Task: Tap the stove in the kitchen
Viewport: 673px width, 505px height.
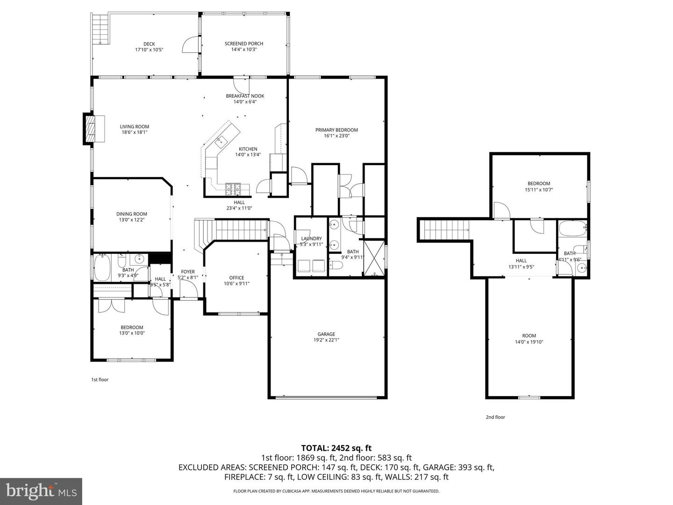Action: pyautogui.click(x=233, y=188)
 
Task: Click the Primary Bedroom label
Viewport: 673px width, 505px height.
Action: pyautogui.click(x=336, y=130)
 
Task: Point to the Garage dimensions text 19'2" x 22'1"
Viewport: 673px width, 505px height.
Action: pyautogui.click(x=326, y=340)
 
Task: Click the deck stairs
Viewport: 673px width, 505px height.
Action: pyautogui.click(x=100, y=29)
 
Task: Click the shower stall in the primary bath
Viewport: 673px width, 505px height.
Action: pyautogui.click(x=374, y=258)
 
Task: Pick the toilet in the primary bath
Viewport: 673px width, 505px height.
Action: pyautogui.click(x=336, y=266)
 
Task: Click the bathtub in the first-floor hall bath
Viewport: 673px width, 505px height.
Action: pyautogui.click(x=102, y=267)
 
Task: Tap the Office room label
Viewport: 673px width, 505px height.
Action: pyautogui.click(x=236, y=278)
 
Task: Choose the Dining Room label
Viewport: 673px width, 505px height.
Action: pyautogui.click(x=132, y=214)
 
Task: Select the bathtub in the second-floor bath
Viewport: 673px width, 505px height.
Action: pyautogui.click(x=572, y=229)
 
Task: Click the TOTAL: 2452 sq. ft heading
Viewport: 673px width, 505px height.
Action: pyautogui.click(x=336, y=448)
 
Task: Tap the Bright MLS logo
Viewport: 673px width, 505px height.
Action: pyautogui.click(x=41, y=491)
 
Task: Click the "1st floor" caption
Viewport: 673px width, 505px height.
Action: pyautogui.click(x=100, y=380)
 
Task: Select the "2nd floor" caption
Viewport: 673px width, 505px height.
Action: pyautogui.click(x=495, y=417)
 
